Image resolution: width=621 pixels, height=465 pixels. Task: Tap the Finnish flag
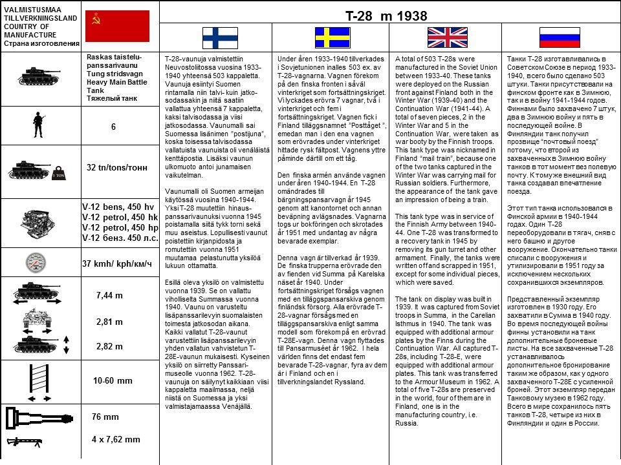220,37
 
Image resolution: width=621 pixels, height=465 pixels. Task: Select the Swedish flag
332,37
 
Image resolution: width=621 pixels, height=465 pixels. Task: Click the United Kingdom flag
446,37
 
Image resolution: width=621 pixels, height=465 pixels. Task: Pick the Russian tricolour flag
560,37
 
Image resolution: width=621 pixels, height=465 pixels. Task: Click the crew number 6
113,127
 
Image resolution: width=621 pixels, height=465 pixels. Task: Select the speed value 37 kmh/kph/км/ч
117,263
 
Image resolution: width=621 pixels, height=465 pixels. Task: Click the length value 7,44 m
109,296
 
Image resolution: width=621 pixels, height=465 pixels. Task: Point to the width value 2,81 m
109,322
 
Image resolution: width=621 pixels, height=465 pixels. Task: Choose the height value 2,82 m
109,347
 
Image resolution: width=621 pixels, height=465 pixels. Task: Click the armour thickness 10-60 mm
113,380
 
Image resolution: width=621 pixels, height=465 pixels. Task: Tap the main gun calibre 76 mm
105,417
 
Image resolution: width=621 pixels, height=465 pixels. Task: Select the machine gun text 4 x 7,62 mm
116,439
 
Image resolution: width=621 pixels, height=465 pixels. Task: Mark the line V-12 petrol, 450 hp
120,227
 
